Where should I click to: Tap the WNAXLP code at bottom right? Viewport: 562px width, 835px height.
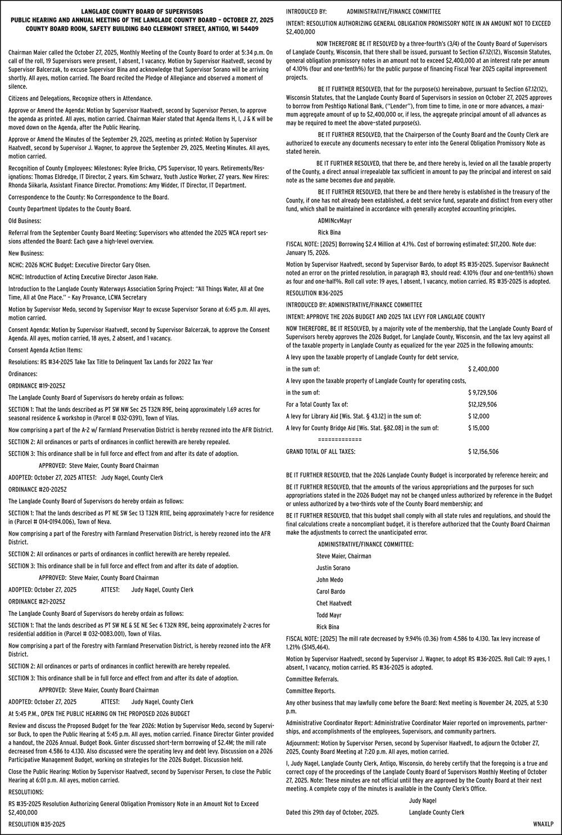[543, 824]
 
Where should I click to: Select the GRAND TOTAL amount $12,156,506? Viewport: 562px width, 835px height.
[483, 451]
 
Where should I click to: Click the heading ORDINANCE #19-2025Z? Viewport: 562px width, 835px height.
[37, 386]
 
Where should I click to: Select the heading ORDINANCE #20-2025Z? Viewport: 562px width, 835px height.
[37, 489]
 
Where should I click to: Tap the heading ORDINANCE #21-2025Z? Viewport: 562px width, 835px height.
[37, 601]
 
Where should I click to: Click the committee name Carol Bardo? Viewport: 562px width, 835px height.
[330, 592]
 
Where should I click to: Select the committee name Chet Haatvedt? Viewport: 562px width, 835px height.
[334, 603]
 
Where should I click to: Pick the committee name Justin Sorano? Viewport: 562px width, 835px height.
[333, 568]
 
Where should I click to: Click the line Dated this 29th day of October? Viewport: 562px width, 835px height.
[332, 813]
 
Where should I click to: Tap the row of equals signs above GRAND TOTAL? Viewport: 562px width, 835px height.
[339, 439]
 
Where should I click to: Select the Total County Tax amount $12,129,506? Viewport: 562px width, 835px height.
[482, 405]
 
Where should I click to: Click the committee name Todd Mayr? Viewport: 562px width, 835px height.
[329, 615]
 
